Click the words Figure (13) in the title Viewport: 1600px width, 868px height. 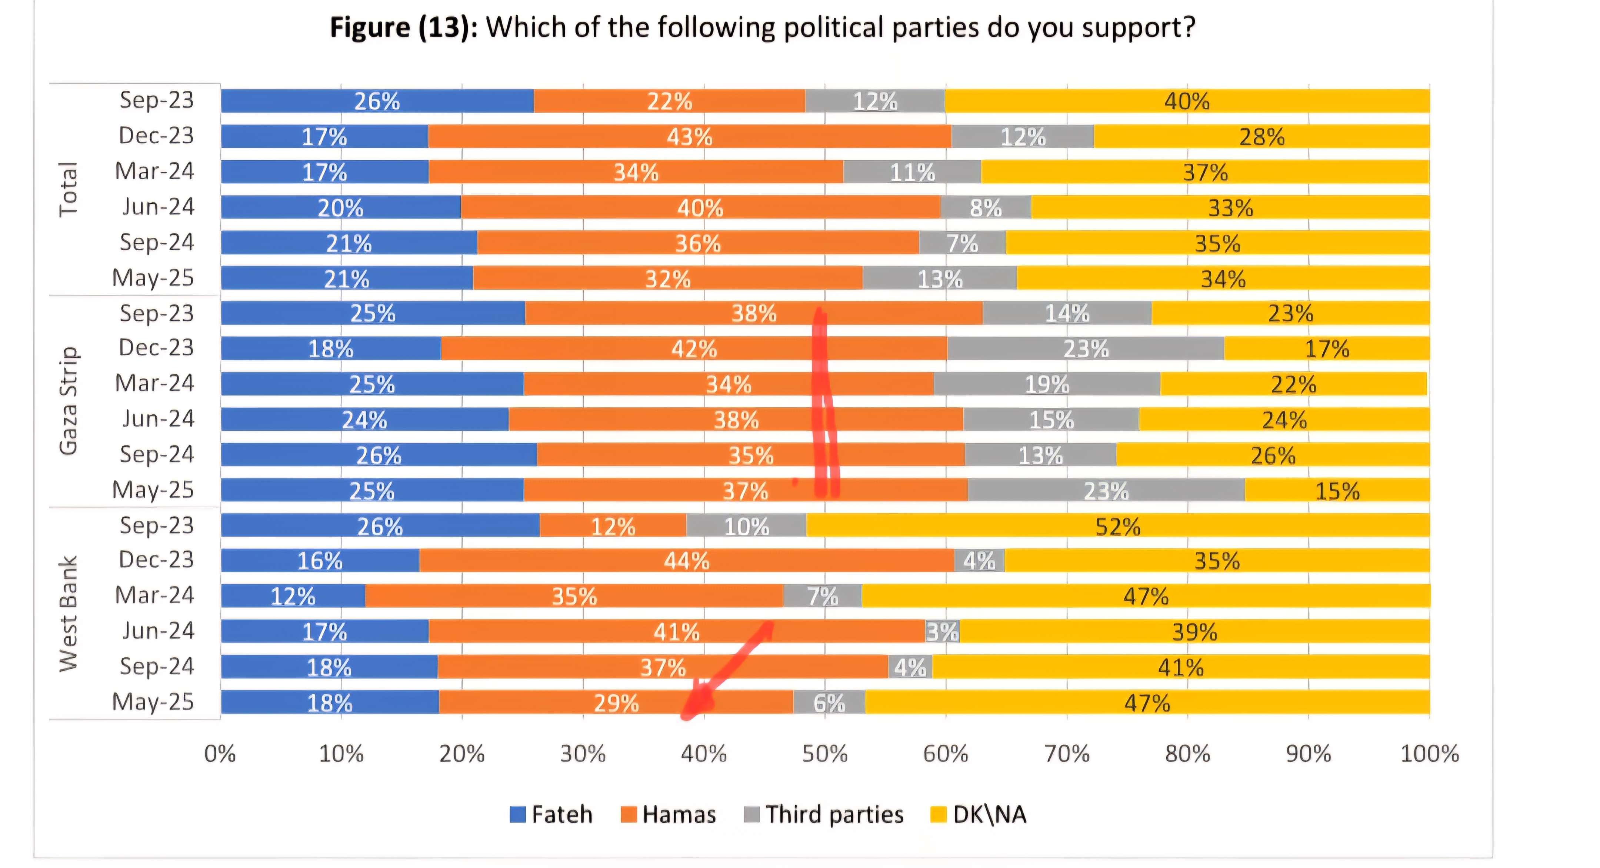tap(403, 28)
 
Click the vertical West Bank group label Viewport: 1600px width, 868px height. tap(68, 614)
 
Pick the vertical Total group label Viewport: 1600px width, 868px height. tap(68, 189)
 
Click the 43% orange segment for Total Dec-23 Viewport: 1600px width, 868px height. tap(689, 137)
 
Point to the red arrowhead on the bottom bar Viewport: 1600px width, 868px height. tap(696, 705)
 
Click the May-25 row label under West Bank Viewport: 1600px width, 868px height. tap(153, 702)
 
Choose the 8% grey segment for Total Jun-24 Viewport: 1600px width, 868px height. tap(986, 207)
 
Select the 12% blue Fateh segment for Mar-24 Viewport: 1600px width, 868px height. tap(293, 597)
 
